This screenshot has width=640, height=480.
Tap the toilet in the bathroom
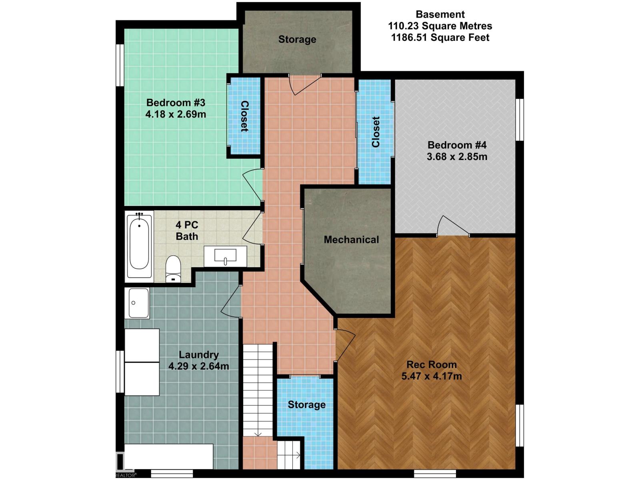coord(173,269)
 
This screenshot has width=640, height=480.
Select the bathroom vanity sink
coord(225,256)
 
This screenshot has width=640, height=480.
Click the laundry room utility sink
coord(137,303)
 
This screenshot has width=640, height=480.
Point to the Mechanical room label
coord(351,240)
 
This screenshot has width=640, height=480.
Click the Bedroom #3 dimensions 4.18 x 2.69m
coord(176,114)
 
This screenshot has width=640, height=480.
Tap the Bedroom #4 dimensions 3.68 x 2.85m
coord(457,157)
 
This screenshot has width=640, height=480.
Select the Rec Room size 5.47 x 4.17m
coord(432,376)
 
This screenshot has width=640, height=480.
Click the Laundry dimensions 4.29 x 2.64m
coord(198,366)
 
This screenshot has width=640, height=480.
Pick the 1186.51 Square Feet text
coord(440,38)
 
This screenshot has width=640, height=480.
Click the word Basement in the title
coord(440,14)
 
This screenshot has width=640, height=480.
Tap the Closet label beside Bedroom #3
coord(244,116)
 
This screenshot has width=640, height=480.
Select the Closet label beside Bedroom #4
coord(376,132)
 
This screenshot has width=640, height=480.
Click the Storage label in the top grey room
coord(297,39)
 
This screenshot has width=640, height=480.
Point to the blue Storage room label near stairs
coord(306,405)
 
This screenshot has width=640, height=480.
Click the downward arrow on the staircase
coord(258,434)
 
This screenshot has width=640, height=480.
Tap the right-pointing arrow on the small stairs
coord(298,455)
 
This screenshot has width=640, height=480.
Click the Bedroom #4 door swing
coord(454,225)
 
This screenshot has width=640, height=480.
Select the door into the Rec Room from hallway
coord(346,346)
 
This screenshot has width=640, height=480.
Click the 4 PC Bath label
coord(187,230)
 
